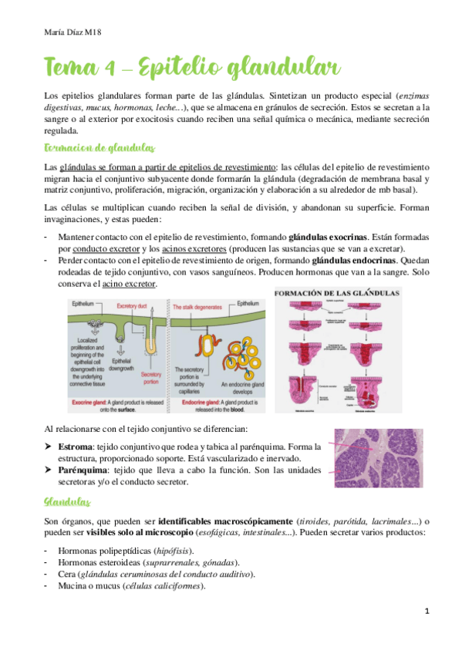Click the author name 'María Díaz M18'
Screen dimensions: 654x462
tap(74, 31)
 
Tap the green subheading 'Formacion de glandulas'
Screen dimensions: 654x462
tap(99, 147)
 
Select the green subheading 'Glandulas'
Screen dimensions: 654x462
tap(68, 480)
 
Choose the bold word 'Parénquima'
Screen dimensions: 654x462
tap(84, 470)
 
